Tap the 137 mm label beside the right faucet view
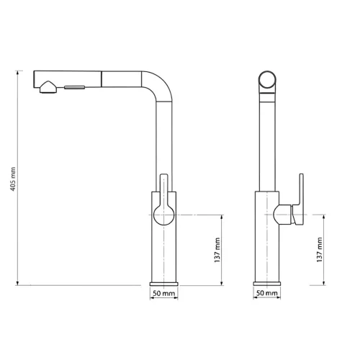point(320,249)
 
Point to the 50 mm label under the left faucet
point(163,294)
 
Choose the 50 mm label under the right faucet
point(266,294)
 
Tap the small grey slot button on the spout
point(75,87)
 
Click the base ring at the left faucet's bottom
point(163,281)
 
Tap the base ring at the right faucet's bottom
point(266,281)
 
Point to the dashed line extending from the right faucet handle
point(317,215)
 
